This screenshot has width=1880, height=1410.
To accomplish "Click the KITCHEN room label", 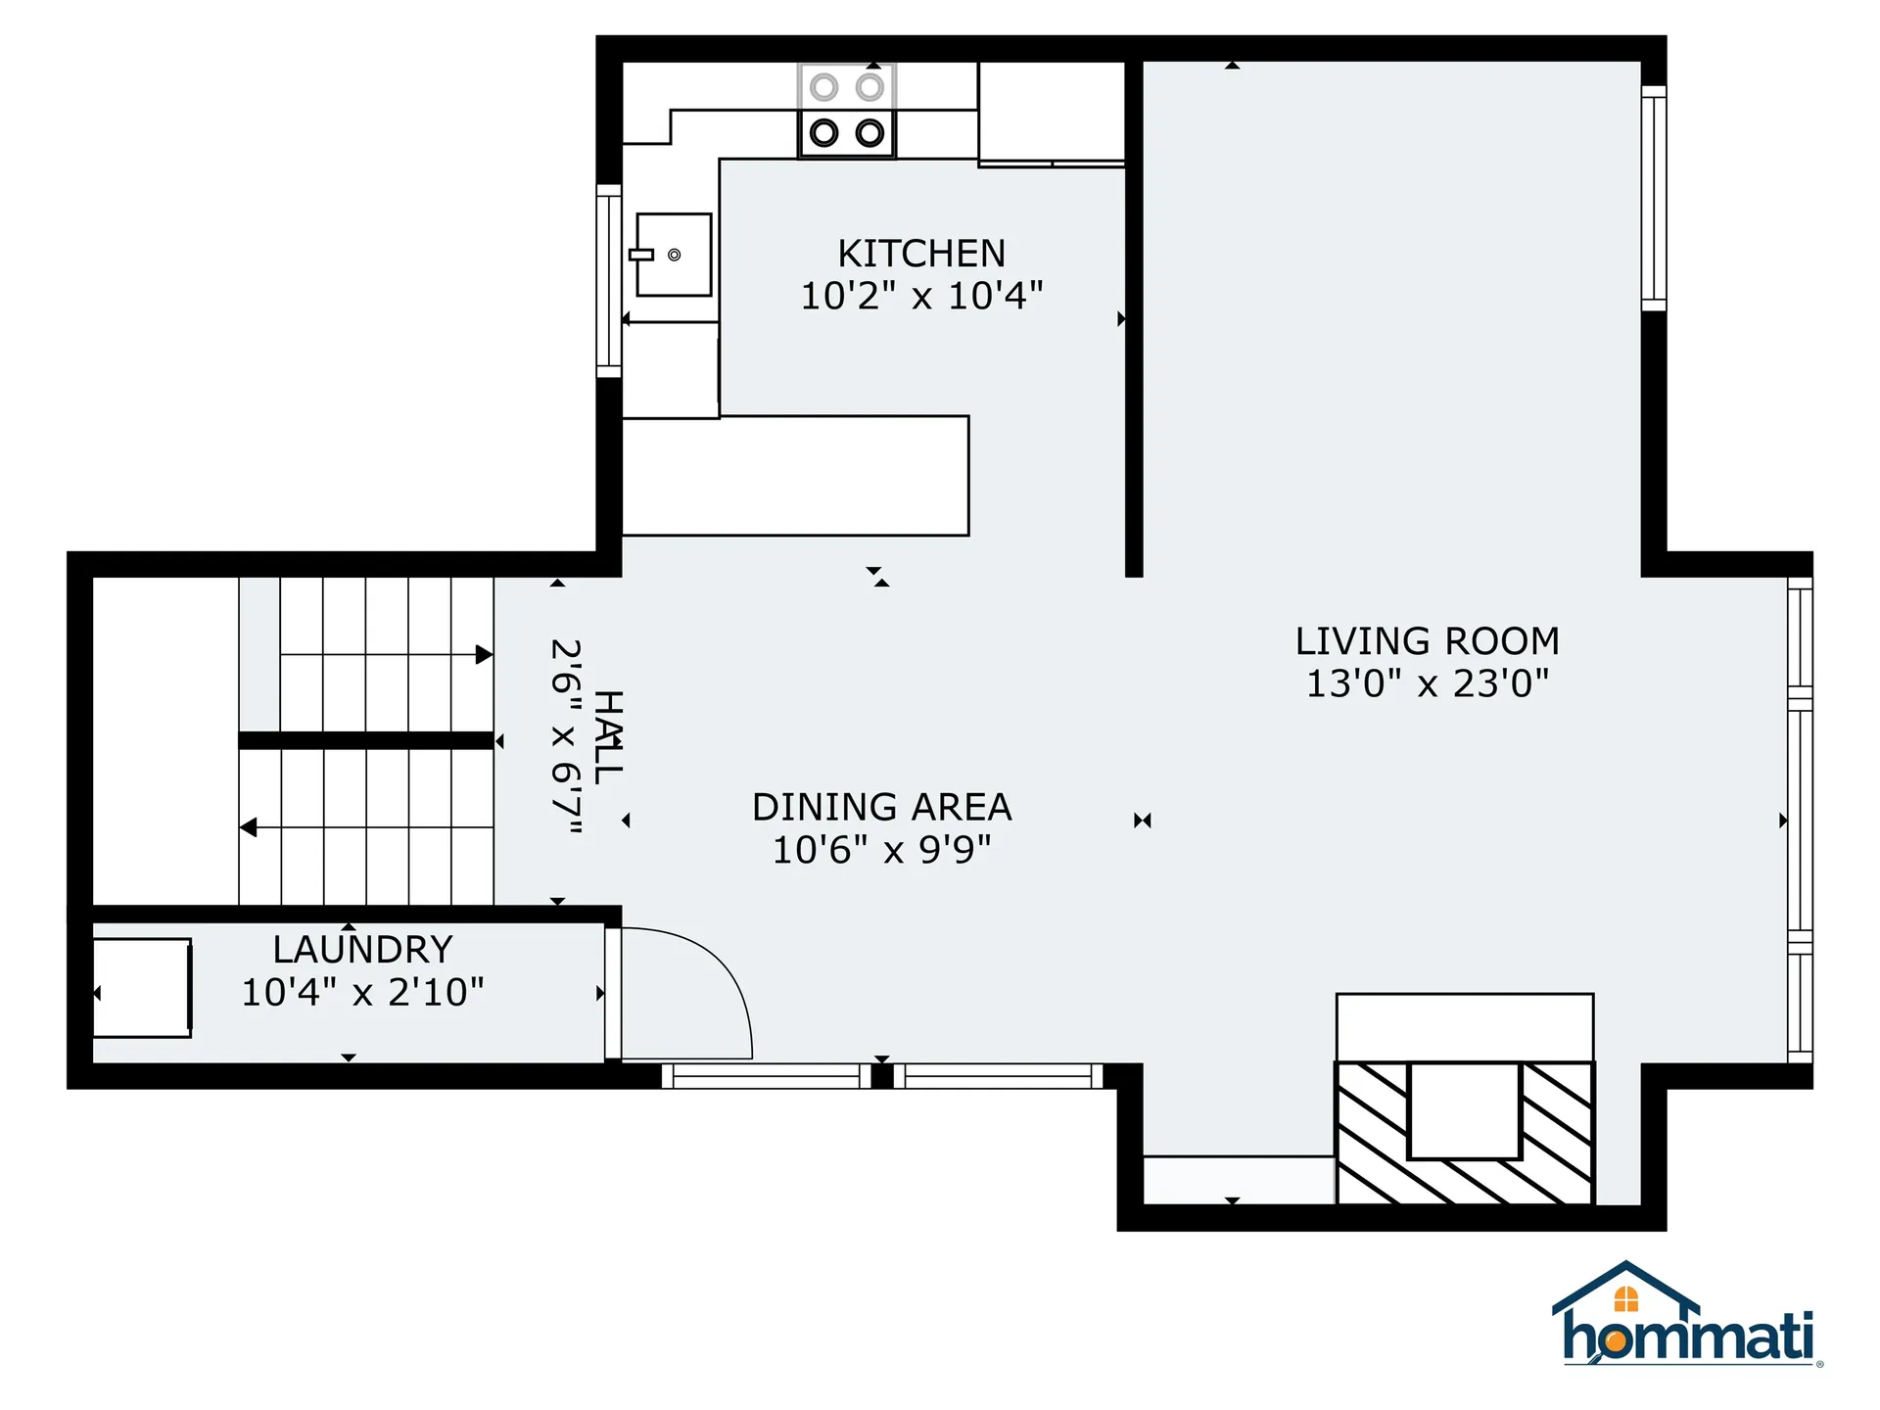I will [921, 254].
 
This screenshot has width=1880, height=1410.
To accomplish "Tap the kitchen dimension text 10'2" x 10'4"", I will [921, 296].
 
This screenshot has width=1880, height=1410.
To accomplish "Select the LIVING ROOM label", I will [1427, 641].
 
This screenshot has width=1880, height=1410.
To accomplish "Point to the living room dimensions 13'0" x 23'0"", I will [1427, 683].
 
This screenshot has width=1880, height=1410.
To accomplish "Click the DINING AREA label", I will [881, 808].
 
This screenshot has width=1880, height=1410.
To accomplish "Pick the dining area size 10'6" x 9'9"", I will [881, 850].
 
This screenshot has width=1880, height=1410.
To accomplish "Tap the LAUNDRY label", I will [362, 950].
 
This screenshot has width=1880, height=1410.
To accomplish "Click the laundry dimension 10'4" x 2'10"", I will [362, 992].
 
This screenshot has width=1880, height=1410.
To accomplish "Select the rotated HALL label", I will [609, 736].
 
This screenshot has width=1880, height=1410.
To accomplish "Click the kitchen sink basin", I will [675, 255].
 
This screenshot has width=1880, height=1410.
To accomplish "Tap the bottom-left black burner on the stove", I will [824, 132].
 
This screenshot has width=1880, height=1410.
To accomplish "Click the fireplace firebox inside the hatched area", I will [1464, 1110].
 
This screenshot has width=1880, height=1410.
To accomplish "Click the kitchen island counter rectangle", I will [795, 476].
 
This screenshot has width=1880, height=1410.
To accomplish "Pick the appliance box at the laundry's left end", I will [142, 987].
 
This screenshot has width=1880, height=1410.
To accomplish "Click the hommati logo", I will [1686, 1317].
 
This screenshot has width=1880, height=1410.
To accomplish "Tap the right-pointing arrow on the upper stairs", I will [484, 655].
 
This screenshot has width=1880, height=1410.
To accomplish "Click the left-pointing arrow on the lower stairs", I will [249, 827].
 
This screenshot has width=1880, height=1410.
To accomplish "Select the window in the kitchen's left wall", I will [609, 281].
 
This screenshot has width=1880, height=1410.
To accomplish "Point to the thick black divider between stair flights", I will [365, 740].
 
